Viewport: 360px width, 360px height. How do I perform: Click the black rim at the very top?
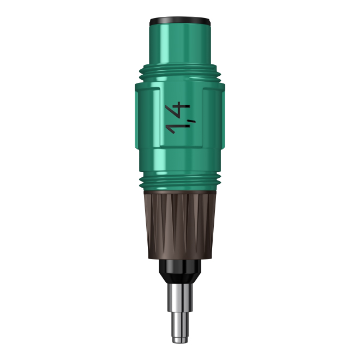point(180,21)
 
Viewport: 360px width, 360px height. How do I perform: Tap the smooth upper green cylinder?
point(180,44)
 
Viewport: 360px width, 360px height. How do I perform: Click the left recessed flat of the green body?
point(148,117)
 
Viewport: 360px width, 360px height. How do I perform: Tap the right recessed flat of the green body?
point(213,117)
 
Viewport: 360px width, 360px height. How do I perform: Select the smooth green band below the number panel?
point(180,160)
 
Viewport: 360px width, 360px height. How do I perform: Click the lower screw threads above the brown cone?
point(180,182)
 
